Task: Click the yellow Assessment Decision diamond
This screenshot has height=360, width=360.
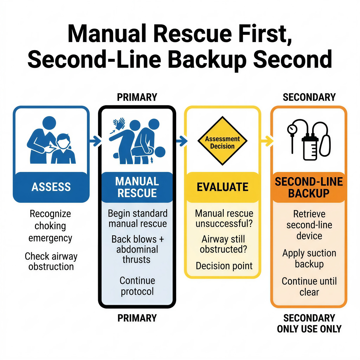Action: click(222, 141)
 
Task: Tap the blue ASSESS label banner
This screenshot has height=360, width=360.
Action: click(51, 187)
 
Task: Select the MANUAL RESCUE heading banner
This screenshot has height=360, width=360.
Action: click(137, 187)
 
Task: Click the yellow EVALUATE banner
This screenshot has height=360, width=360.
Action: click(222, 187)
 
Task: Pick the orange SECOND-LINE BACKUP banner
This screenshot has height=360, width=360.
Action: click(309, 187)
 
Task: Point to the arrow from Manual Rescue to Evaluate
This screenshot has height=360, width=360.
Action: click(181, 141)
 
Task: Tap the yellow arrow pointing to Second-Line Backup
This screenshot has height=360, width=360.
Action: click(266, 141)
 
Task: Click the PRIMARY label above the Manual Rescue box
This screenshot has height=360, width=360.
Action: click(137, 97)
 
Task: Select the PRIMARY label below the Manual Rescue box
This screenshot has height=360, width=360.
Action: click(137, 318)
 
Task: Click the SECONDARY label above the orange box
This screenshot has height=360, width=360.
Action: click(309, 97)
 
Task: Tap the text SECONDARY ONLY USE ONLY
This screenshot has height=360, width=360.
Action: click(309, 323)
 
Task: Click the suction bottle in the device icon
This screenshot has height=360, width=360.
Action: click(310, 148)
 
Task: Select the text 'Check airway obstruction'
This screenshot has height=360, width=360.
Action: click(51, 261)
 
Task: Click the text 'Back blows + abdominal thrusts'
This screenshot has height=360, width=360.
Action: click(137, 249)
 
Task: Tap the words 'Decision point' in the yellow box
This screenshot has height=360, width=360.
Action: click(224, 266)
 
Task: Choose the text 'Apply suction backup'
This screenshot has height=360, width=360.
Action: click(309, 259)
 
